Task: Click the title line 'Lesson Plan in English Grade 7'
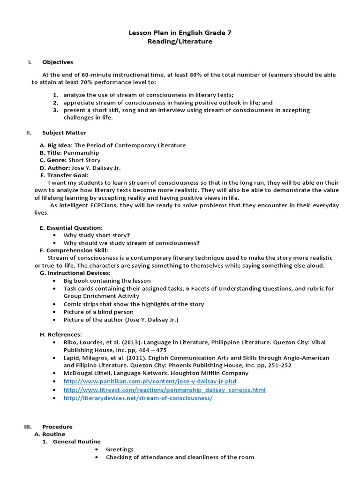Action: (180, 33)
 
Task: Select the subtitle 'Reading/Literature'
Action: (180, 41)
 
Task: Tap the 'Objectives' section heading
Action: (58, 62)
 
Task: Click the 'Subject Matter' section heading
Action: (64, 133)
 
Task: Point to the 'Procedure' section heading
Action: (57, 427)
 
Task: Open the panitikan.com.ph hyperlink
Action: (150, 381)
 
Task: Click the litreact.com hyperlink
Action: (165, 390)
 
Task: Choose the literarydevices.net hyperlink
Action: (138, 398)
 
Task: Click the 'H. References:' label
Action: (61, 334)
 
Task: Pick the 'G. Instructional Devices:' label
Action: (75, 273)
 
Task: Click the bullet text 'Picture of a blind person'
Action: (98, 312)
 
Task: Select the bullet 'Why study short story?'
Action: (97, 235)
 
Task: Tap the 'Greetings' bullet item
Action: (120, 449)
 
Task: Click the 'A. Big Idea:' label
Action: (56, 145)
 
